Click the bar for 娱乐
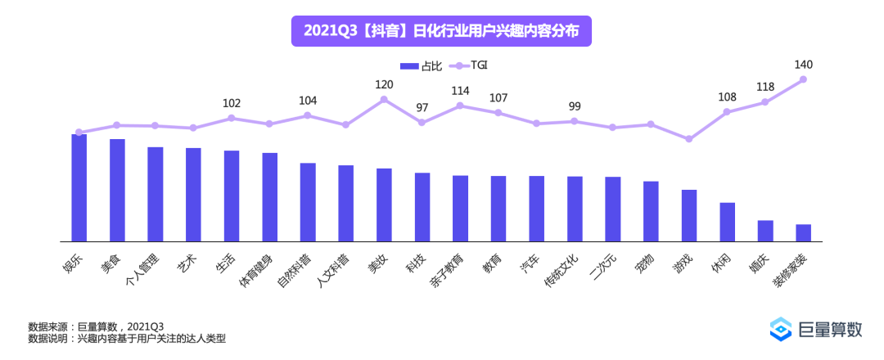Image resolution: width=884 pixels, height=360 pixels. [x=79, y=188]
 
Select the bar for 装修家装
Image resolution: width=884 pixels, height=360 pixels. [x=803, y=233]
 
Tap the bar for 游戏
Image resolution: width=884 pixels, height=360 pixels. [x=689, y=216]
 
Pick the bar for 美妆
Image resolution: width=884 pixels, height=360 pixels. [x=384, y=205]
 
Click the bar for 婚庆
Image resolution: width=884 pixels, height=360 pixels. [x=765, y=231]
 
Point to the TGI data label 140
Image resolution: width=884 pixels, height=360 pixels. [x=803, y=65]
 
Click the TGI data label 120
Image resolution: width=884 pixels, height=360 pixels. [x=384, y=84]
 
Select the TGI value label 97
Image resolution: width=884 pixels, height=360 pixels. [x=422, y=107]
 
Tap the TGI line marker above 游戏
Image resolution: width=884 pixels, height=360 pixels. [x=689, y=139]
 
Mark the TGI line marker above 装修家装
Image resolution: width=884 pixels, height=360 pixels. [x=803, y=79]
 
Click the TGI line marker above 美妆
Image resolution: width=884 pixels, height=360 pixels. [x=384, y=100]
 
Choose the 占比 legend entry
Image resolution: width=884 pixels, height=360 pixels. [x=420, y=65]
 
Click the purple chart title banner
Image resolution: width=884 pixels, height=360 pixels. [x=441, y=31]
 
